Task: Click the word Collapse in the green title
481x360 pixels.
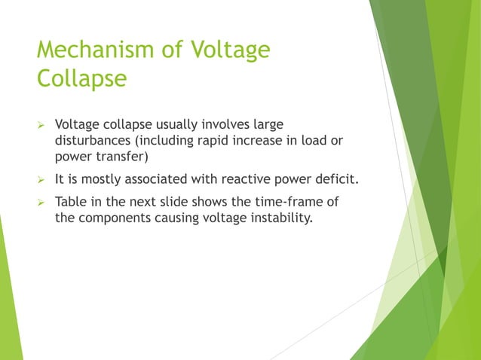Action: (81, 78)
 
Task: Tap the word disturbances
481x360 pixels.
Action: (93, 139)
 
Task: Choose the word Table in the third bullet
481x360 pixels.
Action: (72, 203)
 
